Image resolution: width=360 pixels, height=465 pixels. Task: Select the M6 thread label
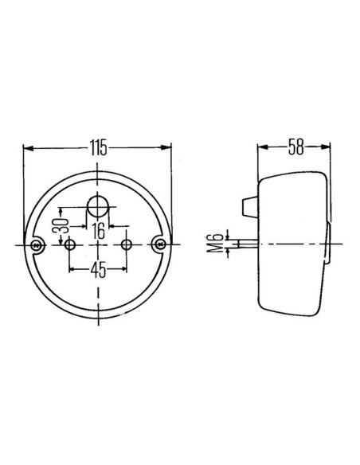[219, 243]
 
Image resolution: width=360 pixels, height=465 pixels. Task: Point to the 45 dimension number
[98, 269]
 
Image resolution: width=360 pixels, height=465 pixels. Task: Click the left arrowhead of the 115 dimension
[28, 147]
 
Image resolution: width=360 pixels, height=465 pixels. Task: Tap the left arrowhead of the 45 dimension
[73, 269]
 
